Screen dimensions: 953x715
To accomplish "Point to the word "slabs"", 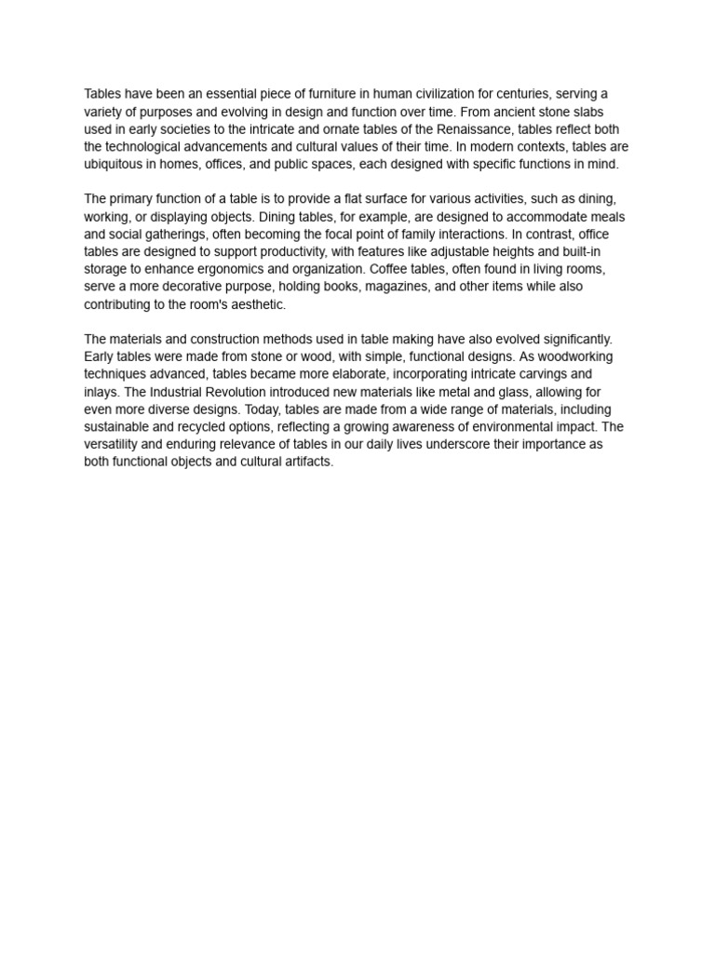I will click(610, 112).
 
